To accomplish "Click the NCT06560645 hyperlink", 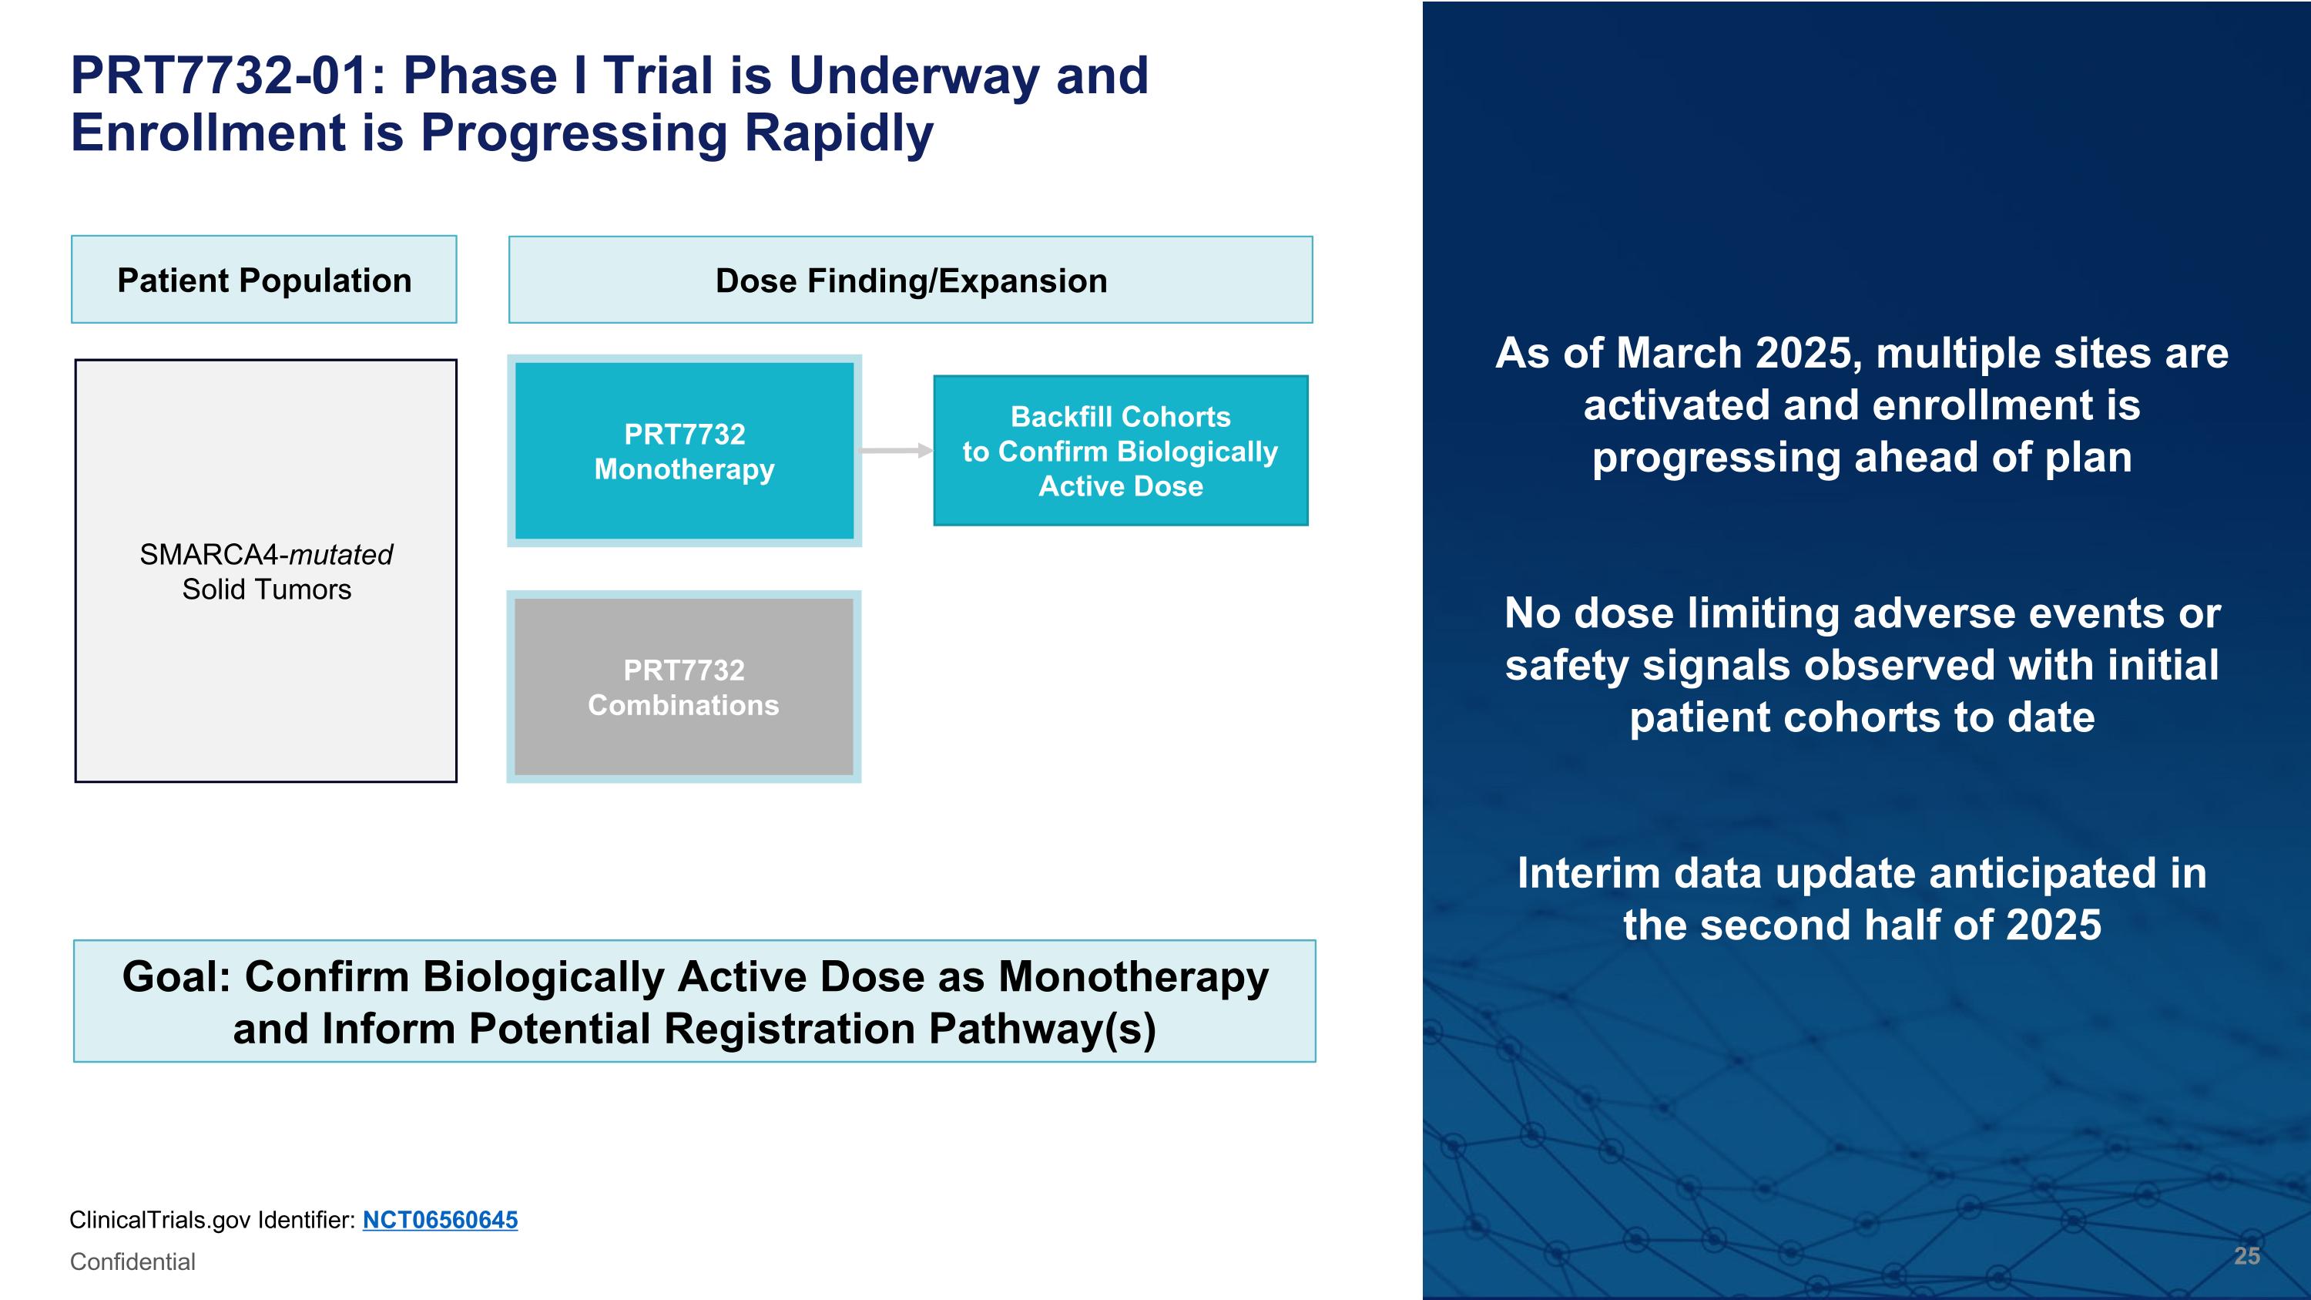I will (440, 1220).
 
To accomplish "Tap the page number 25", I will (2246, 1256).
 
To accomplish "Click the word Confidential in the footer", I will (132, 1261).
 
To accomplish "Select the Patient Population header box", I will (263, 280).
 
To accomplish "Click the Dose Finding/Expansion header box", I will (911, 280).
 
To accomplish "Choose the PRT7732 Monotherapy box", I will (685, 452).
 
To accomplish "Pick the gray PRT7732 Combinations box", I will (683, 687).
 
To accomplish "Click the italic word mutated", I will (341, 555).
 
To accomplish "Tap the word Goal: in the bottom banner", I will (176, 977).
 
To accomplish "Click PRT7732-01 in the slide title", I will (219, 76).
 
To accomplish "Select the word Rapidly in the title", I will (838, 133).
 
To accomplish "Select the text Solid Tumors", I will (267, 590).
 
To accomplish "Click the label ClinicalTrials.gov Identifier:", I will (213, 1220).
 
